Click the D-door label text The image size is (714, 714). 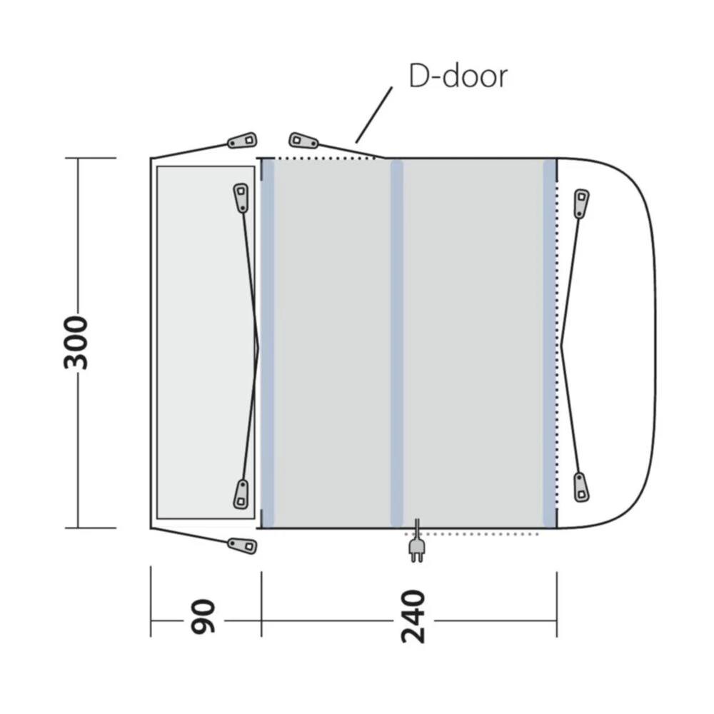458,76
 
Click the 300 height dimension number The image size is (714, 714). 76,342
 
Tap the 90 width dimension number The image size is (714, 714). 203,618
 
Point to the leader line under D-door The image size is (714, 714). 373,115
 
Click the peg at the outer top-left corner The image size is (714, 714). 242,141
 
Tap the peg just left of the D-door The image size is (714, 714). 303,140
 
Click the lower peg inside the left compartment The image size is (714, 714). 241,493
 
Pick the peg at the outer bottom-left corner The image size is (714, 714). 242,545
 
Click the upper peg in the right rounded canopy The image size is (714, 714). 581,203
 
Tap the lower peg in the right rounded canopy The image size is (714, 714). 581,486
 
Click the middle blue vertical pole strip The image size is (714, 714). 396,343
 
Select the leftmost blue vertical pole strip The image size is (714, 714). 268,343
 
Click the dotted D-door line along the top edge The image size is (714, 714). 321,158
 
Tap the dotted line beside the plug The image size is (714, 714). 486,533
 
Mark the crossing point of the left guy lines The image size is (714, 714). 256,343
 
